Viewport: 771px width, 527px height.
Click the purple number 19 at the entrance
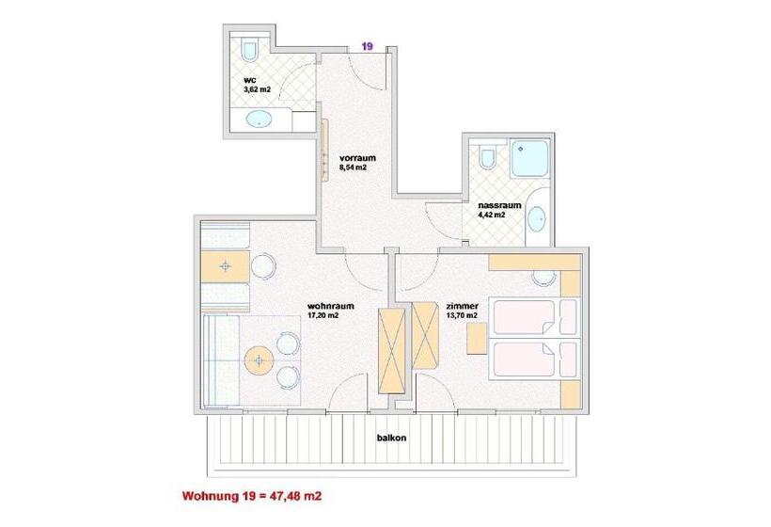tap(368, 47)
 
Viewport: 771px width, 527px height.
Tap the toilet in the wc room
tap(250, 50)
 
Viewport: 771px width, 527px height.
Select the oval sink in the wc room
tap(259, 120)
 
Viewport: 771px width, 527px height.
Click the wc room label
tap(250, 80)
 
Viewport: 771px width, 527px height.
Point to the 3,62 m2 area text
tap(258, 89)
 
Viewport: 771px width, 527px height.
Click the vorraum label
tap(357, 158)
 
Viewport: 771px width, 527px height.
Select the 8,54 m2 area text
tap(353, 168)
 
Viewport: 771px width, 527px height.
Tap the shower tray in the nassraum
tap(529, 158)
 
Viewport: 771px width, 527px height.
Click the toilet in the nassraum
tap(487, 157)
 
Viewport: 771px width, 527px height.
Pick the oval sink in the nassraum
tap(537, 218)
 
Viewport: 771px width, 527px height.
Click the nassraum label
tap(499, 205)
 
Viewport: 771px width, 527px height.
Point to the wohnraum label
tap(330, 306)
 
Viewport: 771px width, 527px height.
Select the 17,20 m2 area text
tap(323, 315)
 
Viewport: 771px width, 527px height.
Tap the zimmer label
tap(462, 306)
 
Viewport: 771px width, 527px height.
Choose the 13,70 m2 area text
tap(462, 315)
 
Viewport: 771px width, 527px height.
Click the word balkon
tap(391, 438)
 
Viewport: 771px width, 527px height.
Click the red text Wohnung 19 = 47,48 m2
tap(252, 496)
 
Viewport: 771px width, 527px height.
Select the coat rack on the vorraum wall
tap(324, 151)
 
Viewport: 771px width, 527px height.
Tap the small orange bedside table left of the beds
tap(477, 338)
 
